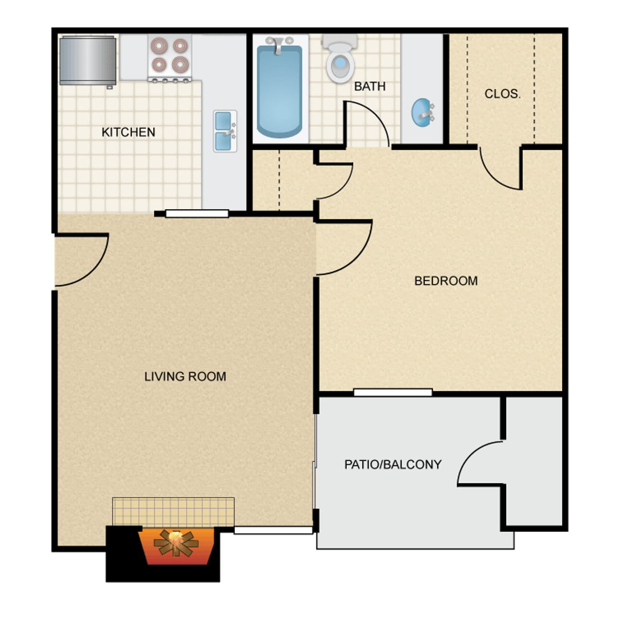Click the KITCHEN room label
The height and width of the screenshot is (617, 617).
pyautogui.click(x=129, y=132)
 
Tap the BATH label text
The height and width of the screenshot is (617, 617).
pyautogui.click(x=370, y=87)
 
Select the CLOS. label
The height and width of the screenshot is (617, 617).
pyautogui.click(x=503, y=94)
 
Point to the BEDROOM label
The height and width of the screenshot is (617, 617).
pyautogui.click(x=446, y=281)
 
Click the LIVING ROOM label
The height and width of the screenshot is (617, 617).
pyautogui.click(x=185, y=376)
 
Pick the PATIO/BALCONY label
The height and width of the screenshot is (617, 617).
pyautogui.click(x=392, y=464)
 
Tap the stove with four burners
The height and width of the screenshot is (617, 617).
pyautogui.click(x=170, y=58)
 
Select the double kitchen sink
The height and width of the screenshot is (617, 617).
pyautogui.click(x=225, y=131)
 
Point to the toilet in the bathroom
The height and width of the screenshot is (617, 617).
pyautogui.click(x=339, y=58)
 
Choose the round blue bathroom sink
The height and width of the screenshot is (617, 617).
pyautogui.click(x=423, y=113)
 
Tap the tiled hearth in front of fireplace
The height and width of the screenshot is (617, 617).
pyautogui.click(x=173, y=511)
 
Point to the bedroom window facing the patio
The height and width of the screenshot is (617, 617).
pyautogui.click(x=393, y=392)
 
